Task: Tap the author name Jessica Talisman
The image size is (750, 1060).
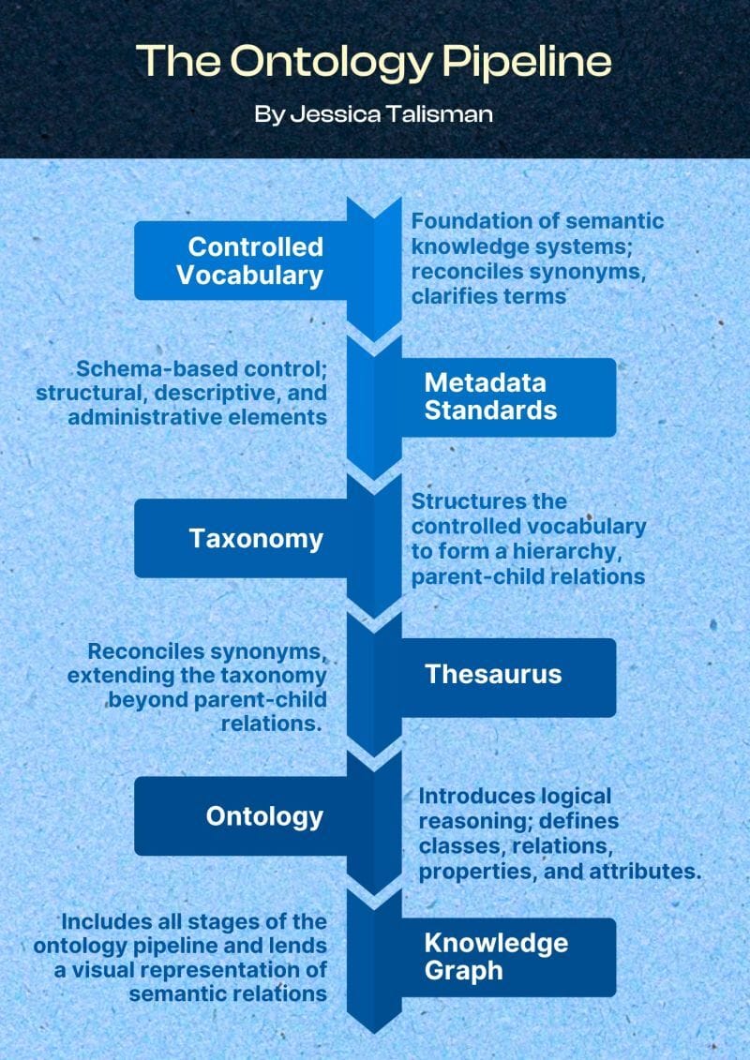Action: click(374, 113)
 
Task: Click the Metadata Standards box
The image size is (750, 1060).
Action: click(506, 396)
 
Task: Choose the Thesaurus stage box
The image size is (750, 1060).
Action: click(506, 674)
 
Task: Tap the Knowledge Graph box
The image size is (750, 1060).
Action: click(506, 956)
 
